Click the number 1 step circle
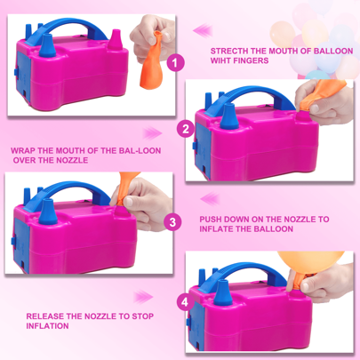176,63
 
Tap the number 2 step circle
186,129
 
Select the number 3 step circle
172,222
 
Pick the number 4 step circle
185,302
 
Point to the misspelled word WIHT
220,60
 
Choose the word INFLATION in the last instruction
47,326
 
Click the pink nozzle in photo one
116,40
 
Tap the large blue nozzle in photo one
47,45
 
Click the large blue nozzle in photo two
228,116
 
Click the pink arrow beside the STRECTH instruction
203,30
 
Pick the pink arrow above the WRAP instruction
152,133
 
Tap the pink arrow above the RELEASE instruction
143,297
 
